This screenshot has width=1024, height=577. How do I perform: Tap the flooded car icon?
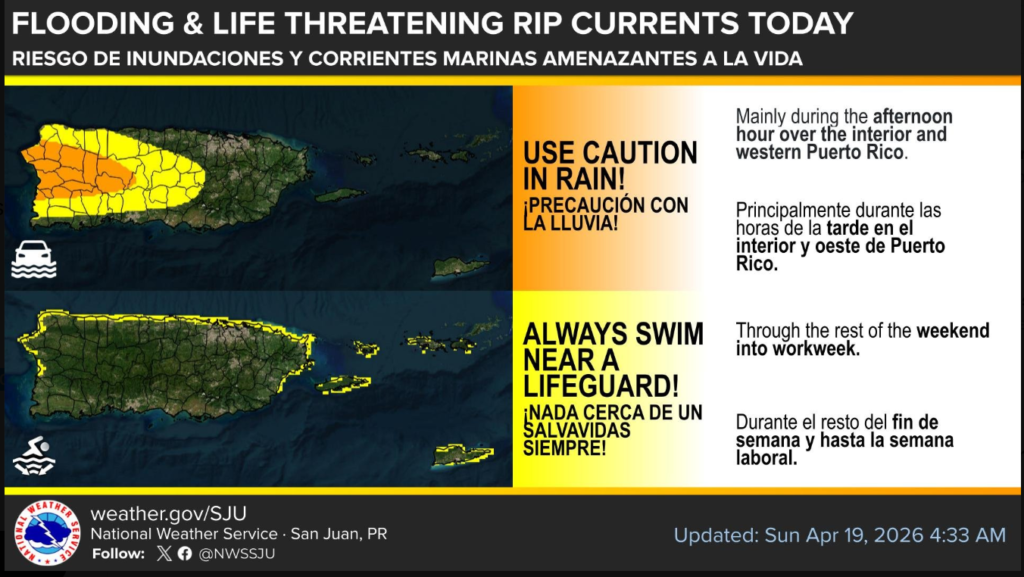click(x=33, y=259)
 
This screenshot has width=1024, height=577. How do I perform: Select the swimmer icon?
click(x=35, y=455)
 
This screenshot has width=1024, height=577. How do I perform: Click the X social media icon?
click(x=164, y=554)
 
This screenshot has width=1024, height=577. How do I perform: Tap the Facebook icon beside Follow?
click(x=185, y=554)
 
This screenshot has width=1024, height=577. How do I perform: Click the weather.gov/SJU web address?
click(x=168, y=514)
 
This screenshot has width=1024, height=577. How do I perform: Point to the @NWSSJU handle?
click(x=236, y=554)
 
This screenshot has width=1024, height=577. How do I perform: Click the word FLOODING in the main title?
click(x=93, y=24)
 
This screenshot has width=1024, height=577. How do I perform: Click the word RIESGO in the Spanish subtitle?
click(x=45, y=58)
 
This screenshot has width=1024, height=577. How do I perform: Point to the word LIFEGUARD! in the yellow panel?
click(x=601, y=386)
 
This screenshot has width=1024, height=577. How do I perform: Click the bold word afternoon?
click(x=913, y=117)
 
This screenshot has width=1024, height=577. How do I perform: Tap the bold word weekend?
click(x=953, y=330)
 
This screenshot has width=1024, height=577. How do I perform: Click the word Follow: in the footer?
click(x=118, y=554)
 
